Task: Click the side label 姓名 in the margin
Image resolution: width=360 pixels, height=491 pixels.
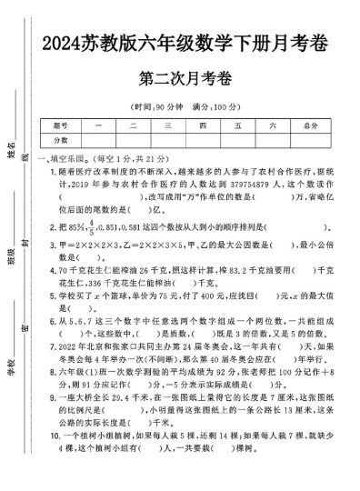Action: tap(13, 145)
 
